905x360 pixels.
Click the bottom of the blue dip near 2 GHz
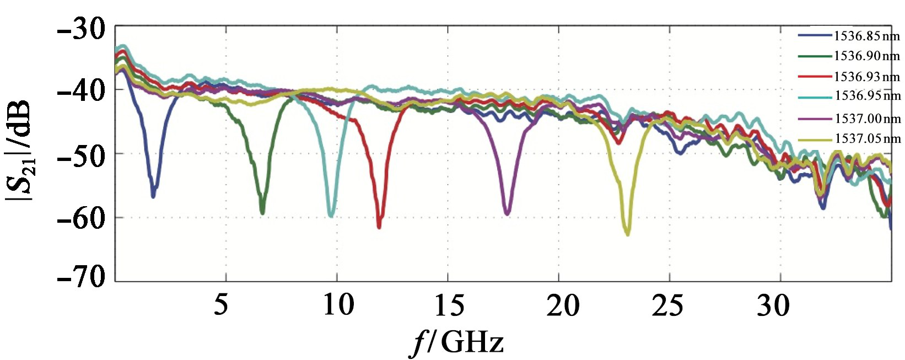153,196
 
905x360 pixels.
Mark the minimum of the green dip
262,213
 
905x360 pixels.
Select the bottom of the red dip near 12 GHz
379,227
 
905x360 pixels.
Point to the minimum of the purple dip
507,213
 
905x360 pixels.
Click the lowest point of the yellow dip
627,234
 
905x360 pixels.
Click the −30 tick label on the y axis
81,28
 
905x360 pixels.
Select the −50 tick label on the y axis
81,155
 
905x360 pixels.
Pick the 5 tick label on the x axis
221,304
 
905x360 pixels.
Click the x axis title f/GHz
457,342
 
